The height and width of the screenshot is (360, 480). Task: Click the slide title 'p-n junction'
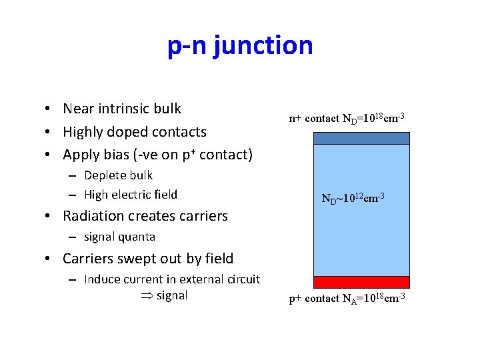(x=240, y=45)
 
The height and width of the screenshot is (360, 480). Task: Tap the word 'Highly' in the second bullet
(x=85, y=132)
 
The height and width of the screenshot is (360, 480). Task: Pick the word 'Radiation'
(x=94, y=216)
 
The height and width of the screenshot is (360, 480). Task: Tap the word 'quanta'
(x=137, y=237)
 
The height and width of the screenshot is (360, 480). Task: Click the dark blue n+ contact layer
(x=361, y=138)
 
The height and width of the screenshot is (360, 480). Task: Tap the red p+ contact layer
(x=361, y=281)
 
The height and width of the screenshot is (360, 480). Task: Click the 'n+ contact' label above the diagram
(x=313, y=119)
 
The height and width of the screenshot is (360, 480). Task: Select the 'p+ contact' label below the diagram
(x=313, y=299)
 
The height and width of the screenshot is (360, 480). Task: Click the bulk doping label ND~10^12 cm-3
(x=353, y=198)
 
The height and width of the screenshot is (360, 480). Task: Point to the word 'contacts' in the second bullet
(x=179, y=132)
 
